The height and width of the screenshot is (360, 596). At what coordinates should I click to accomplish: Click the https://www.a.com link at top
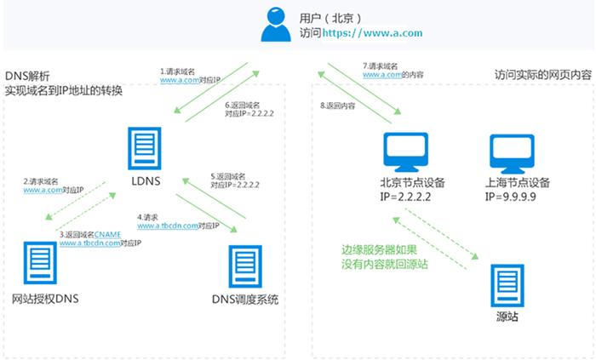point(366,34)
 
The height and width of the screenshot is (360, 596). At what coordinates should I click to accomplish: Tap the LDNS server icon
point(144,151)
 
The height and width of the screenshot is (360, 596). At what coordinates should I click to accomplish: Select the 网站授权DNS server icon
point(39,266)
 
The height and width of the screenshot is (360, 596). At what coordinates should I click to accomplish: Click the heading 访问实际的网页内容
point(542,76)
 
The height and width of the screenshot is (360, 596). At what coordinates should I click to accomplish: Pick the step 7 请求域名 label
point(381,66)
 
